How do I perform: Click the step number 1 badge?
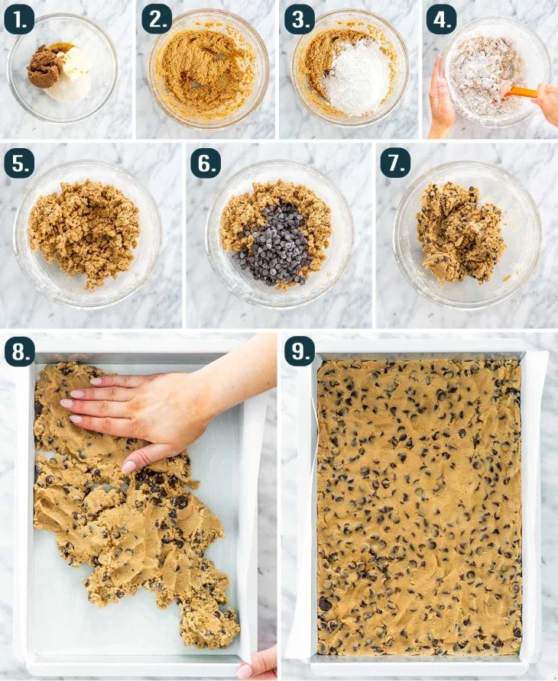coord(18,20)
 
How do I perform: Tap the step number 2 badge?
coord(157,20)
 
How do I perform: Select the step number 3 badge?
coord(300,20)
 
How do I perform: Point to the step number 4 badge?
coord(442,20)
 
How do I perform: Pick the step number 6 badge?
coord(206,163)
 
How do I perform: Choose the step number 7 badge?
coord(395,163)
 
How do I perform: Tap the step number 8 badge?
coord(20,350)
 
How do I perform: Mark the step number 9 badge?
coord(300,350)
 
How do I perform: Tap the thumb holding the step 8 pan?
coord(245,670)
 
